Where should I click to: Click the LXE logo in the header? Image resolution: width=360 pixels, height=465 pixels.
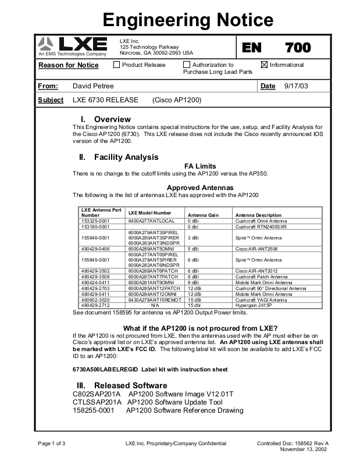click(x=73, y=45)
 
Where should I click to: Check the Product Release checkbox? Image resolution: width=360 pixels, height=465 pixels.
click(x=117, y=65)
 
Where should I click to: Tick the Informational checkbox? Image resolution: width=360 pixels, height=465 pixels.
click(x=265, y=65)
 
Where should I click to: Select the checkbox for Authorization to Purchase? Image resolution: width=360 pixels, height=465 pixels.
click(x=187, y=65)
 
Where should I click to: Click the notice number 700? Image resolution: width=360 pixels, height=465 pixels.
click(x=298, y=48)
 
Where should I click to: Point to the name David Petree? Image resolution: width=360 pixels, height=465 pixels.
click(x=93, y=86)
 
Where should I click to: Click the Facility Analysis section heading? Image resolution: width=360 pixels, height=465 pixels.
click(x=126, y=157)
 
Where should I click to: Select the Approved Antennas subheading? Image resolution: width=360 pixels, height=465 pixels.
click(x=199, y=188)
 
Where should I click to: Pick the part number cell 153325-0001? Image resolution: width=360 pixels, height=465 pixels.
click(x=95, y=221)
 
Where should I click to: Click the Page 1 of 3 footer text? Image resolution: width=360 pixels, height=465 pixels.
click(x=52, y=443)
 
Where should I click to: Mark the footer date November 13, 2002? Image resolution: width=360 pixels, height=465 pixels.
click(x=304, y=450)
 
